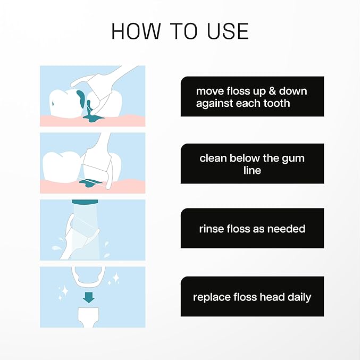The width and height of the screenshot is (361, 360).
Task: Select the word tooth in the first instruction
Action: click(x=275, y=103)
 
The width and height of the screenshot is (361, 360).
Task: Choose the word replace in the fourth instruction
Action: click(x=212, y=297)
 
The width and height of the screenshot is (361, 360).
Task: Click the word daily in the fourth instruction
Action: click(x=297, y=297)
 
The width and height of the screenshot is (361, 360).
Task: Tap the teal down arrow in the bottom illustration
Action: click(x=89, y=296)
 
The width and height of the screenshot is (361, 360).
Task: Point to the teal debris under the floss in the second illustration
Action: click(x=88, y=184)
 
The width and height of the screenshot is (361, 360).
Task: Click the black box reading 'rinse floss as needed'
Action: click(x=252, y=229)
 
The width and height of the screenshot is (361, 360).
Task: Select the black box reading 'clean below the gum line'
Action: click(x=252, y=163)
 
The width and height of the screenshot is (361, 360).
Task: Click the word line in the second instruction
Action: click(x=252, y=170)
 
